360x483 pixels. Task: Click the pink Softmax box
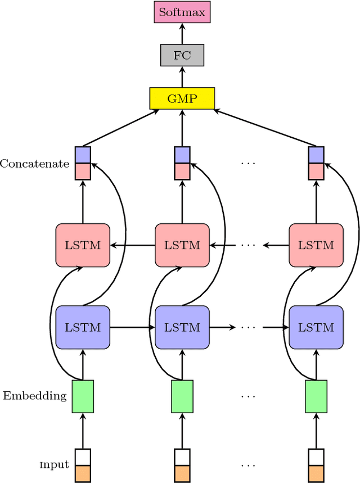(x=182, y=12)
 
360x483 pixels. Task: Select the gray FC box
(x=182, y=56)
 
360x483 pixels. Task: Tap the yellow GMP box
(x=182, y=98)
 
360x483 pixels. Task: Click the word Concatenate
(x=34, y=164)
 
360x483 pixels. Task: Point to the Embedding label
(x=34, y=396)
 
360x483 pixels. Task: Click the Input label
(x=54, y=465)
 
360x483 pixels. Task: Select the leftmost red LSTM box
(x=83, y=245)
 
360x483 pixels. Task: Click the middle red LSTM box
(x=182, y=245)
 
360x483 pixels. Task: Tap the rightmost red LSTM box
(x=316, y=245)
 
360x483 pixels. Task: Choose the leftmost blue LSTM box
(x=83, y=327)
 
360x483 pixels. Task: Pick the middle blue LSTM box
(x=182, y=327)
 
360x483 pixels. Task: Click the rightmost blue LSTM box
(x=316, y=327)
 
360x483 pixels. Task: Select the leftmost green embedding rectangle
(x=83, y=396)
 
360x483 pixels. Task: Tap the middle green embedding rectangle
(x=182, y=396)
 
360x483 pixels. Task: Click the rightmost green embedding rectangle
(x=316, y=396)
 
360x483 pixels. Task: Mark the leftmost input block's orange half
(x=83, y=473)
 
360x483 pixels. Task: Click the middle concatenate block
(x=182, y=163)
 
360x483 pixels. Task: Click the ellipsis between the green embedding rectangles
(x=247, y=396)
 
